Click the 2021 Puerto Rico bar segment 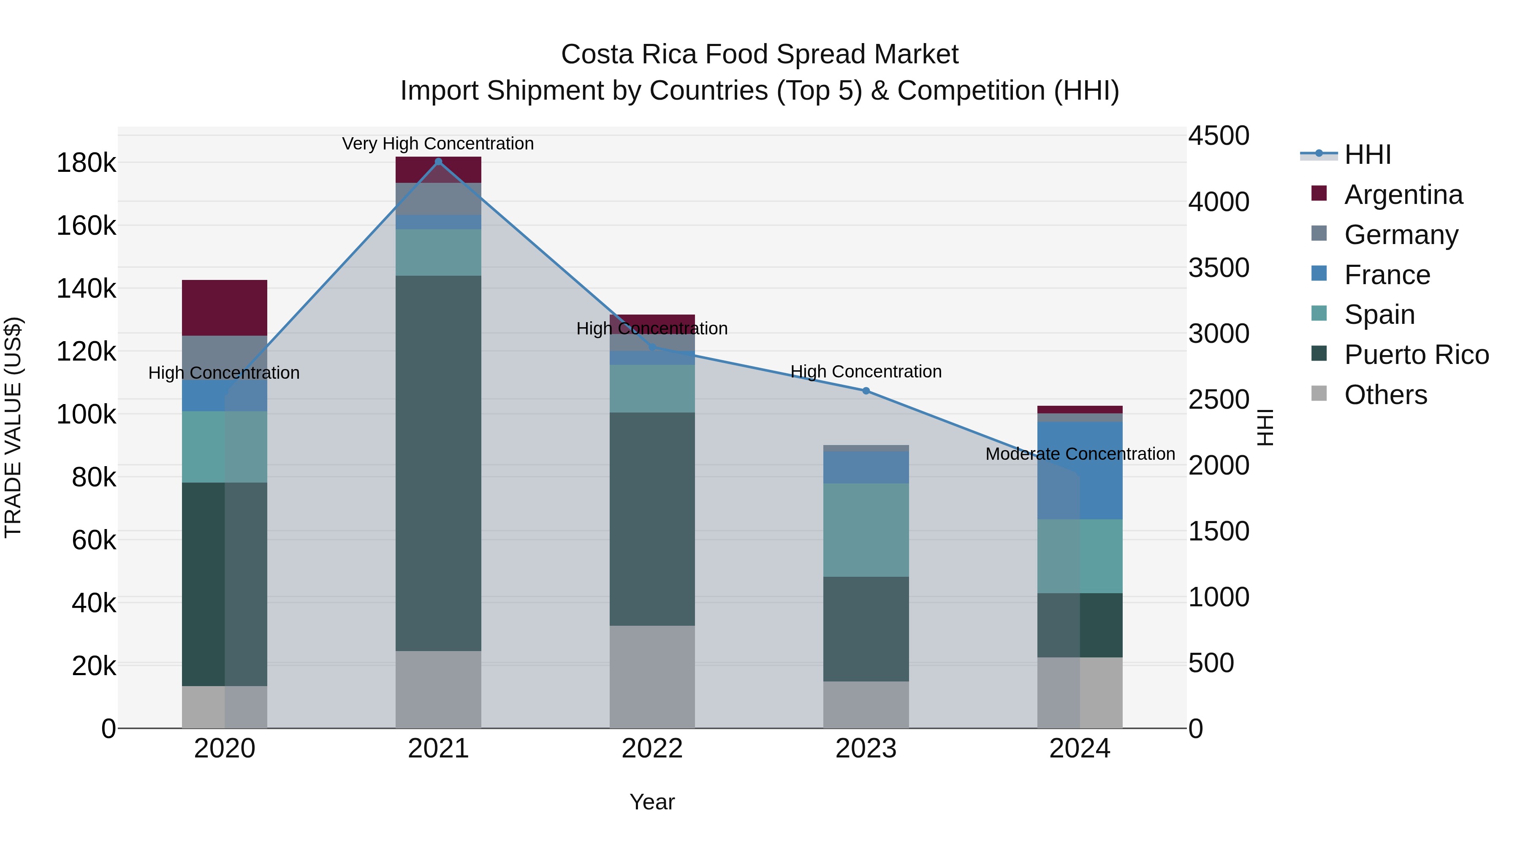click(x=438, y=463)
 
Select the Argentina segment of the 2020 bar click(x=224, y=307)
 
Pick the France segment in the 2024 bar click(x=1080, y=470)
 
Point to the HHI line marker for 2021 click(x=438, y=162)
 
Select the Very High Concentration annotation click(x=438, y=144)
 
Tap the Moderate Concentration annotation click(x=1080, y=454)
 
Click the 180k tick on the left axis click(x=86, y=163)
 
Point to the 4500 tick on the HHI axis click(x=1219, y=136)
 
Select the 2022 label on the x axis click(x=652, y=749)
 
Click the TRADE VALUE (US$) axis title click(x=13, y=427)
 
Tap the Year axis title click(x=652, y=802)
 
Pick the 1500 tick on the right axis click(x=1219, y=531)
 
